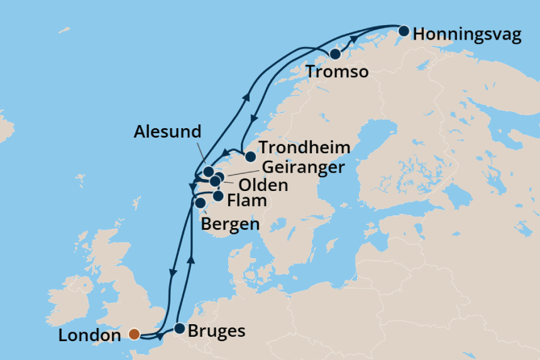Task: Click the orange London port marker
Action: [134, 334]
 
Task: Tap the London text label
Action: [89, 335]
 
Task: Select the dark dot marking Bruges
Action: [179, 328]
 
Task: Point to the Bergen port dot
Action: [201, 203]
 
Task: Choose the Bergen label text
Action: [230, 224]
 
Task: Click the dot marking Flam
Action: [218, 196]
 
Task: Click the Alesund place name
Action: [167, 132]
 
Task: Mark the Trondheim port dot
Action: [250, 156]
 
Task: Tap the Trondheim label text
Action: [305, 148]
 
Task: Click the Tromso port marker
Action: [335, 54]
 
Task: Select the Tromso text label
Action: [337, 73]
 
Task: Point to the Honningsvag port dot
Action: [404, 30]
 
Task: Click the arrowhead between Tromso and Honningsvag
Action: [355, 40]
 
